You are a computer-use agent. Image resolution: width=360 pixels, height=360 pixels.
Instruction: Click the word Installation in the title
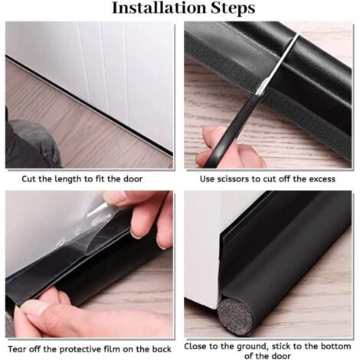click(157, 8)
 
